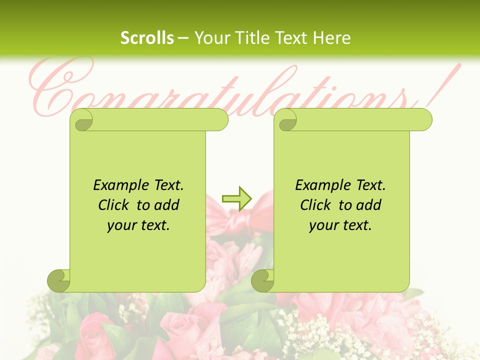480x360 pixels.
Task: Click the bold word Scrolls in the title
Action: click(x=147, y=38)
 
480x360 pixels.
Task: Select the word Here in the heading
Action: click(x=331, y=38)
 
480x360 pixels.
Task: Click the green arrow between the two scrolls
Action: click(x=236, y=199)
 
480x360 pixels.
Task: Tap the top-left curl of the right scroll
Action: click(x=287, y=120)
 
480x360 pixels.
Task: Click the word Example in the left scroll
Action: click(x=115, y=185)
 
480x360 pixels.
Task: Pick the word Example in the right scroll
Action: click(x=317, y=185)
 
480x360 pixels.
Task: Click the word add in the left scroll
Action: click(x=167, y=205)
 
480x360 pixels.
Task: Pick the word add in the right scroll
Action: click(x=369, y=205)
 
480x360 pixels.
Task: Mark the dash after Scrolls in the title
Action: click(x=183, y=38)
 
